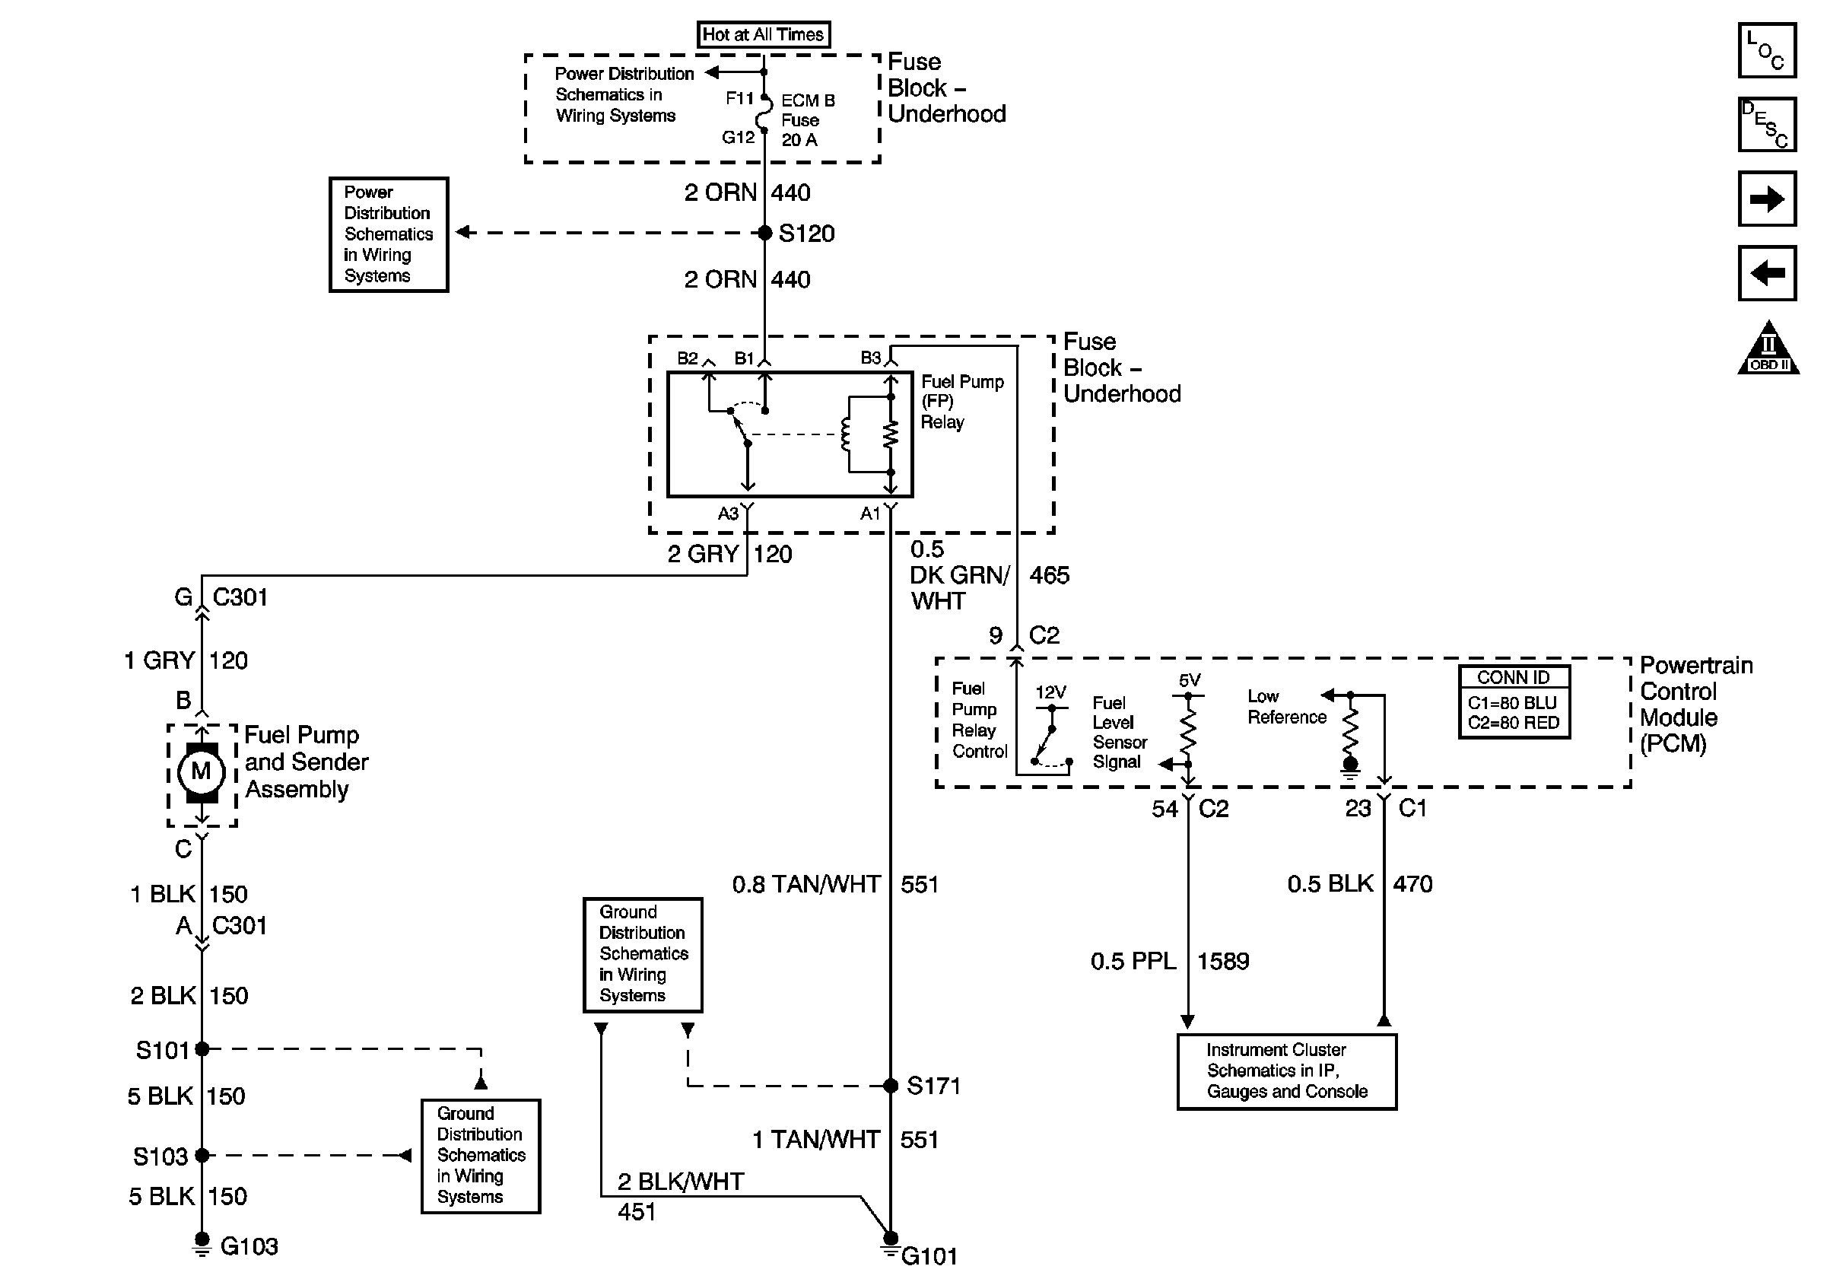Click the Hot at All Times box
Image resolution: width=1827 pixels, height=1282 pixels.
point(763,34)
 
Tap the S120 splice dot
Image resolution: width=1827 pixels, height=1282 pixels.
point(764,233)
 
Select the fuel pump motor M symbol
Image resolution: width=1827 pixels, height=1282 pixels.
point(202,771)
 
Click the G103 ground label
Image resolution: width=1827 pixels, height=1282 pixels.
point(249,1245)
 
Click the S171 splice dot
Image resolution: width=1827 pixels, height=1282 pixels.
point(891,1086)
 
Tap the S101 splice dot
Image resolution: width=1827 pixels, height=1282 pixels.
point(202,1049)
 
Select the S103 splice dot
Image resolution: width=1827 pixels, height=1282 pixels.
point(202,1155)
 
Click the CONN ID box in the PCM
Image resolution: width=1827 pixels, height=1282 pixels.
point(1514,702)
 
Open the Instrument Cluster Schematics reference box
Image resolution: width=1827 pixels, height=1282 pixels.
point(1287,1071)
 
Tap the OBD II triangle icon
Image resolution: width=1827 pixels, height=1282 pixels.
point(1768,348)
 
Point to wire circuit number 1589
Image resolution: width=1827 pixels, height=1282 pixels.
point(1223,961)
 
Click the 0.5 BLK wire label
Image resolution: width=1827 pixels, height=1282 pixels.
point(1330,883)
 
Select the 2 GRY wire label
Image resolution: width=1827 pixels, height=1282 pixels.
point(704,554)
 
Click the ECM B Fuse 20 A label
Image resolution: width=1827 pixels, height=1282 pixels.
point(808,120)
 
